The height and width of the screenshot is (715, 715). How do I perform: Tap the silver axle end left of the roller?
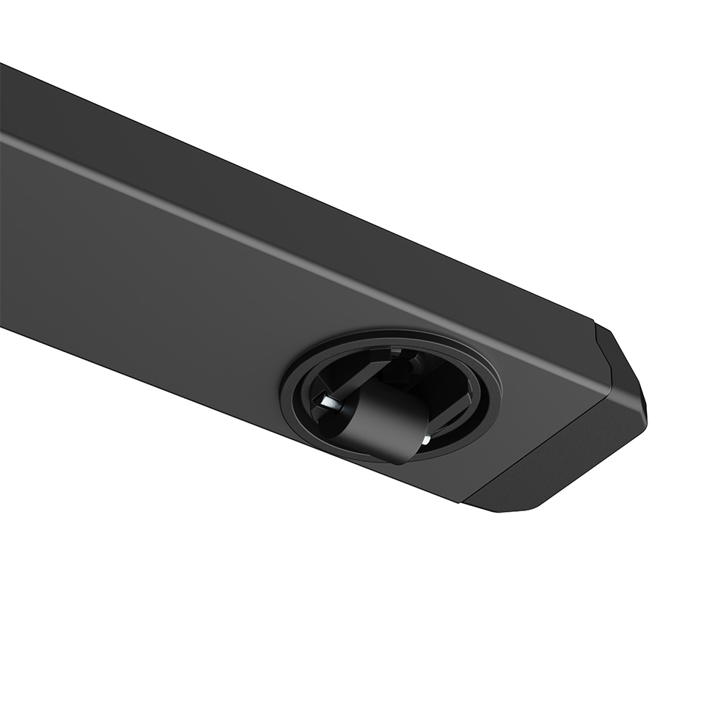tap(323, 400)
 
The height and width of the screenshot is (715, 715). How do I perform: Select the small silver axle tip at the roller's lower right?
tap(426, 439)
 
